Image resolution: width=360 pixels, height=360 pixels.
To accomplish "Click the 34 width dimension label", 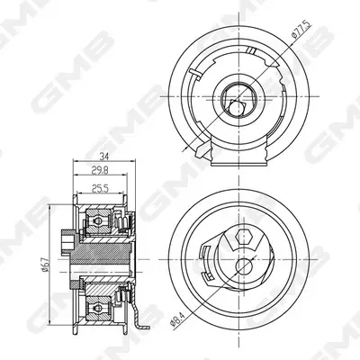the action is (104, 157).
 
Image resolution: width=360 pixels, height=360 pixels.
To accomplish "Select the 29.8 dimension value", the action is (100, 170).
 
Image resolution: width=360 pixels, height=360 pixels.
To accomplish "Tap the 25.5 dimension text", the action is (100, 188).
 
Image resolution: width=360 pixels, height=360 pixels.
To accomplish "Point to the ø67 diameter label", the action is (45, 265).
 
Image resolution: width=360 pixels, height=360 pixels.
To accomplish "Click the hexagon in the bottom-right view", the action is (244, 237).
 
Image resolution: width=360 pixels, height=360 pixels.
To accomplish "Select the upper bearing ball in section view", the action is (98, 221).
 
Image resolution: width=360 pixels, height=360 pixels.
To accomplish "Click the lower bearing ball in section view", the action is (98, 308).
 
